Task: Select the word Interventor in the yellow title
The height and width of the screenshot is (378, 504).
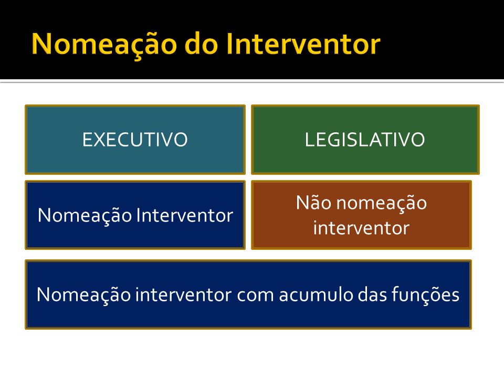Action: click(303, 44)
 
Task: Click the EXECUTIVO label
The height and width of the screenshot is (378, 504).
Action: click(135, 140)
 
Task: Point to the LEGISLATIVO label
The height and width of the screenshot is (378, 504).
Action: click(365, 140)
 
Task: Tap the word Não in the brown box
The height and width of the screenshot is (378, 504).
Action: click(313, 203)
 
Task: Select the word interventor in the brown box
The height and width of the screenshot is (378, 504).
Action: click(361, 228)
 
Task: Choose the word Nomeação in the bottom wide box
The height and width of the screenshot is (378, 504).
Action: click(83, 295)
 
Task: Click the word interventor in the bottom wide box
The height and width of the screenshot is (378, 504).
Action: click(183, 294)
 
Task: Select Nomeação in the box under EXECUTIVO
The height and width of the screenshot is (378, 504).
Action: click(85, 216)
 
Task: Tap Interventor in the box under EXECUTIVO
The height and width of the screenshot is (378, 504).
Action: click(185, 215)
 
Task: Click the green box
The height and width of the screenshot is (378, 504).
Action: click(365, 140)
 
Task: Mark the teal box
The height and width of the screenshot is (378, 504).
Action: click(135, 140)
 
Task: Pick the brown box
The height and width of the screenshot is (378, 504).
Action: click(361, 215)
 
